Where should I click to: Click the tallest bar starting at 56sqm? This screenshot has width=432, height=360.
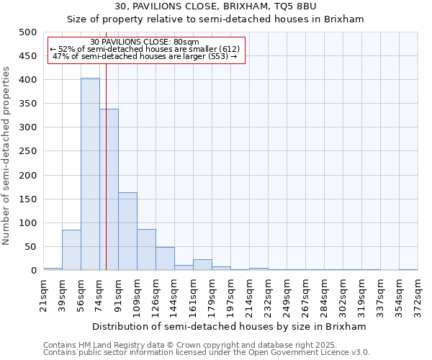coord(90,174)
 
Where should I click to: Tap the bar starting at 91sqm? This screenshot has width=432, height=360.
coord(127,231)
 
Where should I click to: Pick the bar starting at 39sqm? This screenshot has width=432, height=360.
coord(71,250)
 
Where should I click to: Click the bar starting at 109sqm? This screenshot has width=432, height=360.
coord(146,249)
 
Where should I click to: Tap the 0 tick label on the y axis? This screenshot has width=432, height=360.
coord(33,271)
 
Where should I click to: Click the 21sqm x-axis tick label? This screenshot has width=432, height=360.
coord(43,294)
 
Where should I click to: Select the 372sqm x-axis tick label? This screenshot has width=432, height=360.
coord(418,294)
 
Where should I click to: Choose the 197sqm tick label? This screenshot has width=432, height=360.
coord(230,294)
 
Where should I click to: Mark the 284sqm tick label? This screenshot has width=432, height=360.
coord(324,294)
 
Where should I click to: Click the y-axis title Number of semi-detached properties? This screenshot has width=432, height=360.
coord(6,156)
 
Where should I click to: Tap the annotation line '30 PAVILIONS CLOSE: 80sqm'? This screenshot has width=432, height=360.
coord(145,42)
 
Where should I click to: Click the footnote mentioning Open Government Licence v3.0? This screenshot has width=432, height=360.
coord(207,352)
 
